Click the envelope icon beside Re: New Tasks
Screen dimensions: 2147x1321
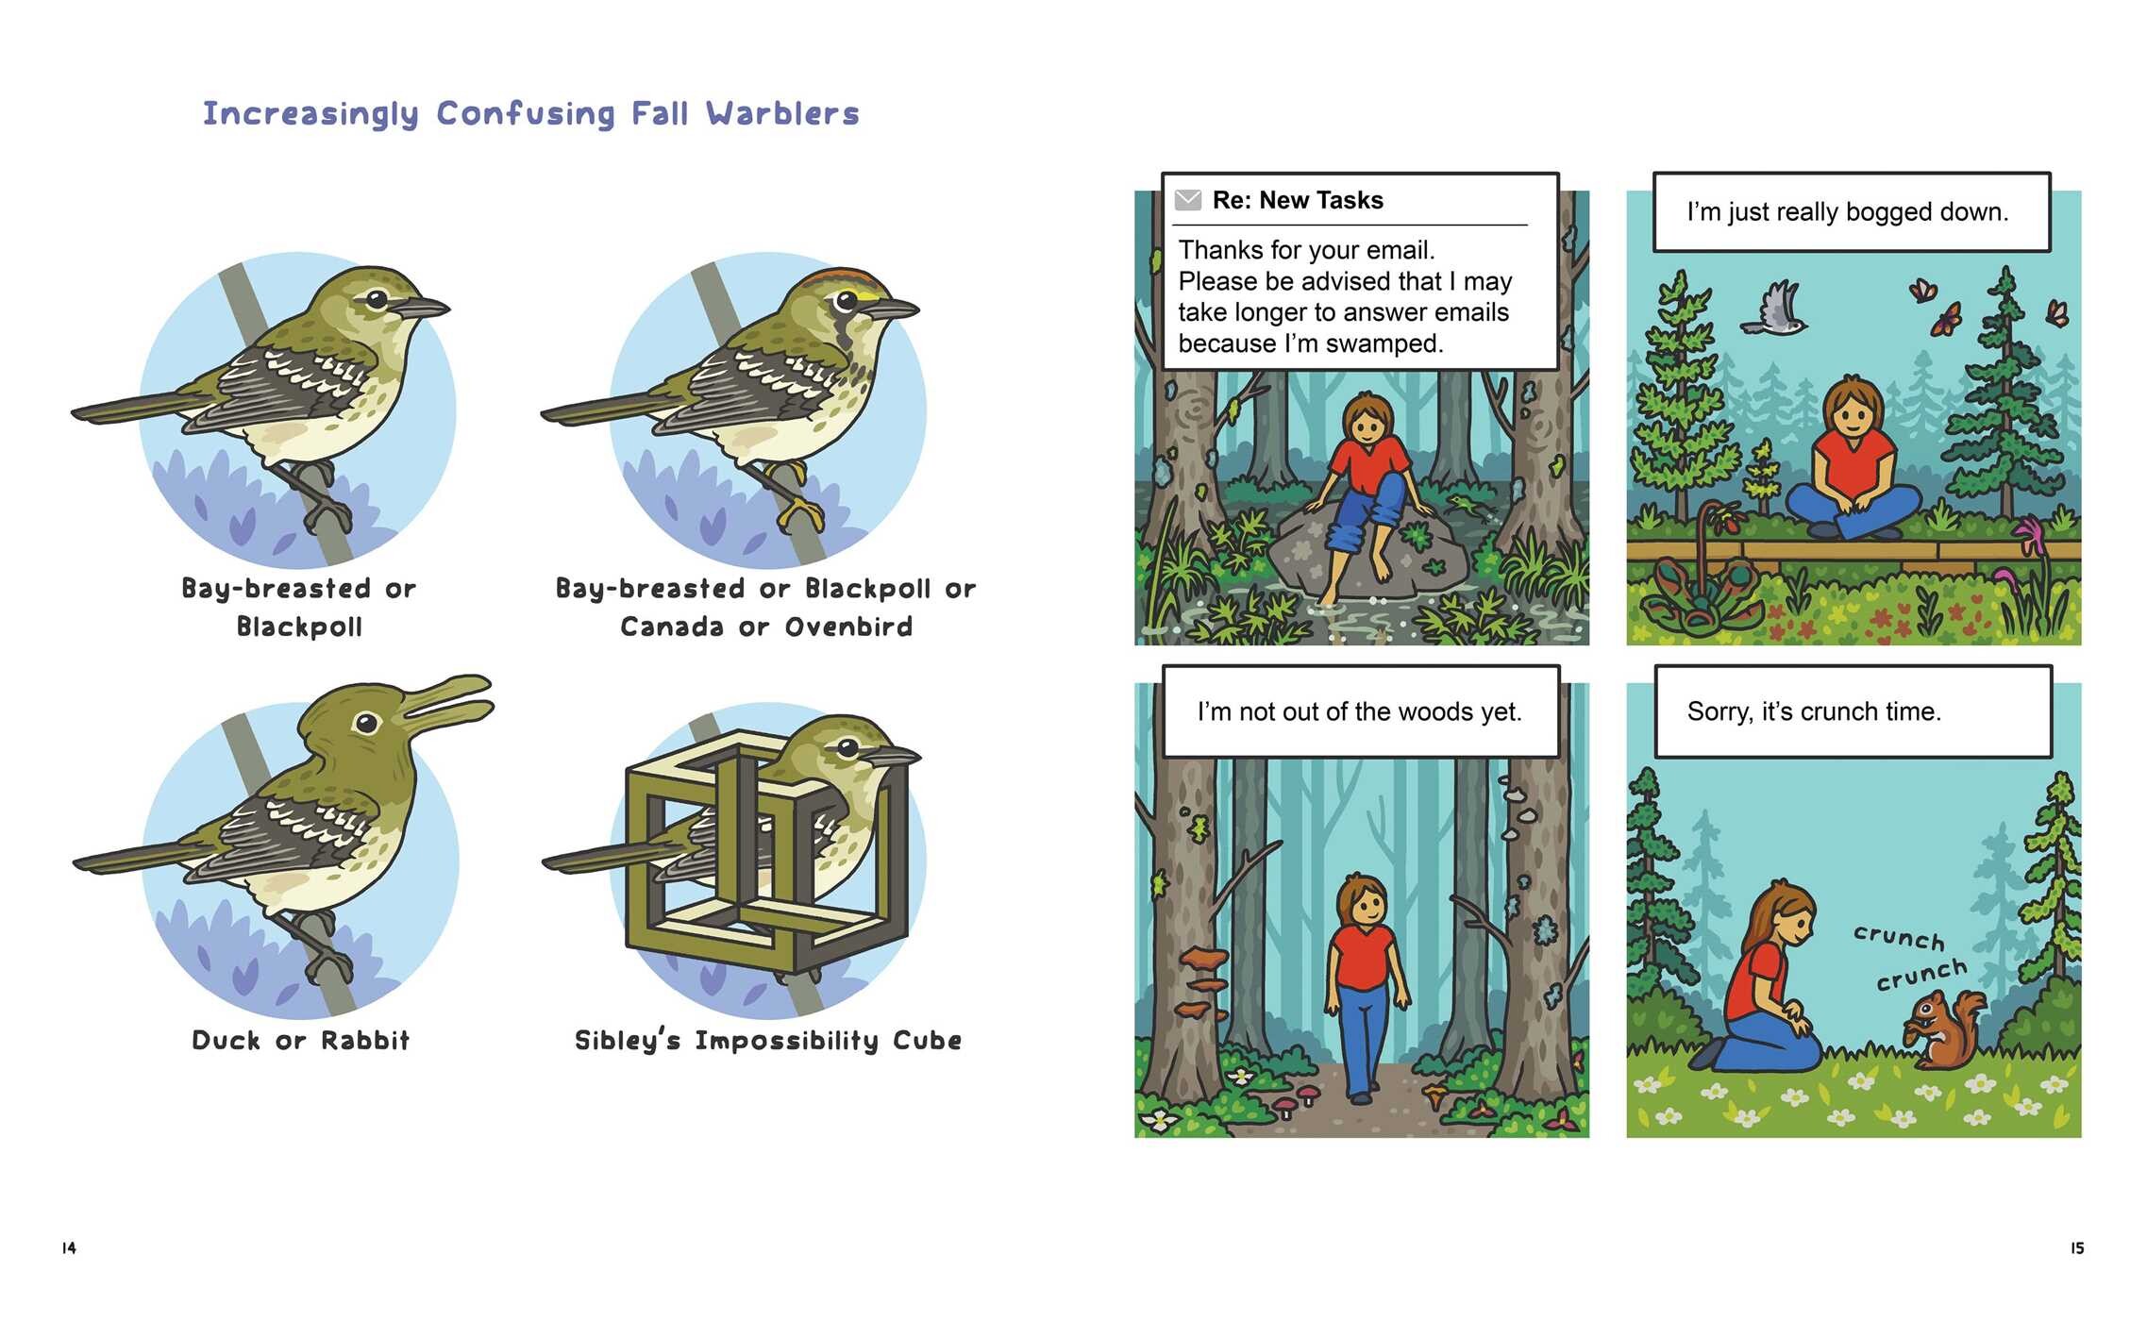[x=1188, y=200]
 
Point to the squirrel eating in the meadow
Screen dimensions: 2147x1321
[x=1943, y=1030]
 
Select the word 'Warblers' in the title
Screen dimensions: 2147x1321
[x=783, y=114]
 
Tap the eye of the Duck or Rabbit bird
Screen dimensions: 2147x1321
[x=366, y=724]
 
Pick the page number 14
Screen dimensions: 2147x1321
[x=69, y=1248]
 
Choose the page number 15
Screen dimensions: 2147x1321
[x=2077, y=1248]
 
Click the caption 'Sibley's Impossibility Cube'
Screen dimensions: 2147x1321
[x=768, y=1040]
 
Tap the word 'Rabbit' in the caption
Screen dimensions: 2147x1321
[x=365, y=1040]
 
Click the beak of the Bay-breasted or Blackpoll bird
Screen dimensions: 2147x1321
[x=421, y=308]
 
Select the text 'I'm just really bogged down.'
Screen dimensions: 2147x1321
[x=1848, y=212]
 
